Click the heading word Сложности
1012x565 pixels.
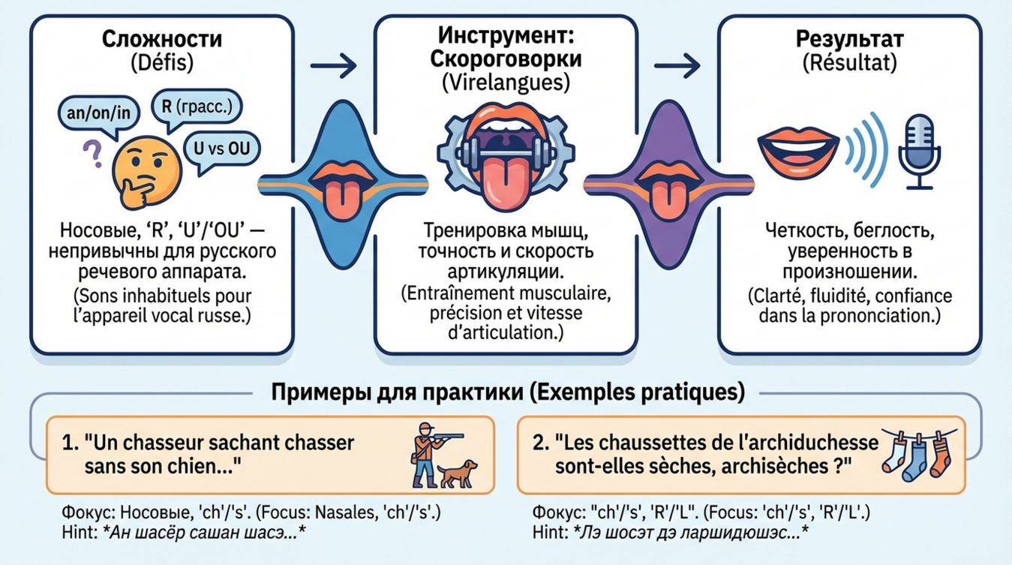(x=161, y=39)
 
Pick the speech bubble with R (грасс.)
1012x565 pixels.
(x=197, y=107)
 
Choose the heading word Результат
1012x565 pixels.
(x=848, y=39)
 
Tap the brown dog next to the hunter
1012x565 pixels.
(x=458, y=472)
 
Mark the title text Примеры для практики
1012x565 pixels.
(x=378, y=392)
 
